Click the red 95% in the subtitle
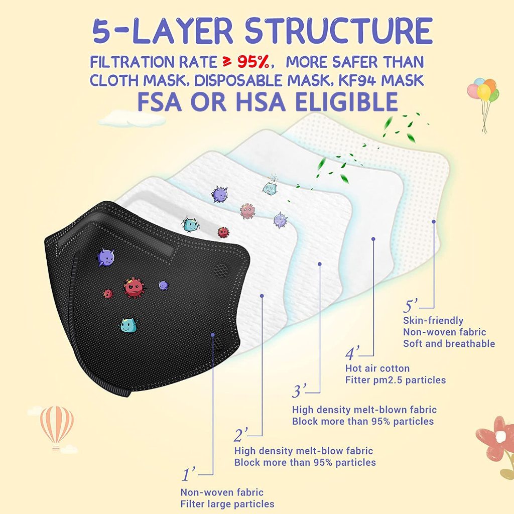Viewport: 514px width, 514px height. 253,62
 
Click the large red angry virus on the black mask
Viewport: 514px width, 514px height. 134,288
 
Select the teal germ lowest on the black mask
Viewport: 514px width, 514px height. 128,325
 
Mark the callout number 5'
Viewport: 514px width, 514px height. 410,306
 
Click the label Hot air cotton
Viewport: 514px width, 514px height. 377,368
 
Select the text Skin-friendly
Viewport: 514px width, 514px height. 433,320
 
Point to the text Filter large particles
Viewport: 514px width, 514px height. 227,504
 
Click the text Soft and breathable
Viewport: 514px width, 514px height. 449,343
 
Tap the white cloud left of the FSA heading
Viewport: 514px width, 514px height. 131,118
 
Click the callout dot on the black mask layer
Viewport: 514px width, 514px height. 213,335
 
